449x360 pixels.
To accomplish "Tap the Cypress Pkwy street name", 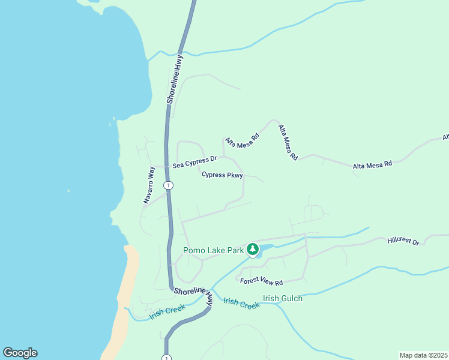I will (222, 175).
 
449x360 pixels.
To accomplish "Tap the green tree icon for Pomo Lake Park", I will (253, 249).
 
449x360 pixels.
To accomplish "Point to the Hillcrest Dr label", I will (403, 241).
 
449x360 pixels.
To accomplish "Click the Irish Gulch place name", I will (283, 298).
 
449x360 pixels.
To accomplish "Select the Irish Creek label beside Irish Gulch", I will (241, 303).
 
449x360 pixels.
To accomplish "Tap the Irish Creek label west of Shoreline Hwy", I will (167, 311).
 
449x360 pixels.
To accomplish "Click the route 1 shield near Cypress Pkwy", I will (169, 185).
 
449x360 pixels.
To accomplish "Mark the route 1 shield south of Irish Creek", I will (166, 358).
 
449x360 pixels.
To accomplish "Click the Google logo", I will (20, 353).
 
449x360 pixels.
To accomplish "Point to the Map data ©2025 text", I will (423, 355).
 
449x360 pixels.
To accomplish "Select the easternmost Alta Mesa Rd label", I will (372, 163).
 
